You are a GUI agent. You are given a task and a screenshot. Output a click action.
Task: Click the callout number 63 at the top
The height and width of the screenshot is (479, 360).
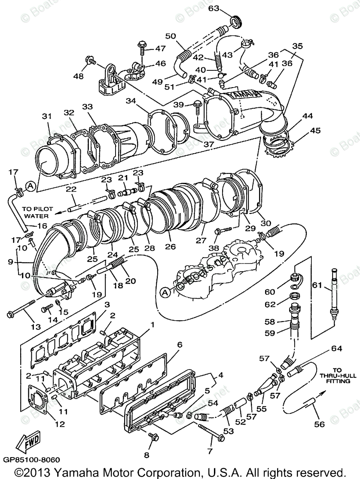(x=214, y=8)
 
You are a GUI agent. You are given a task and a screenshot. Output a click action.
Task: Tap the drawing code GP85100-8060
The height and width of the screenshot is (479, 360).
(x=31, y=459)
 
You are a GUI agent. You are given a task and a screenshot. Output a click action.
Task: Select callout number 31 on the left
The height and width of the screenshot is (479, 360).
(x=46, y=116)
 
